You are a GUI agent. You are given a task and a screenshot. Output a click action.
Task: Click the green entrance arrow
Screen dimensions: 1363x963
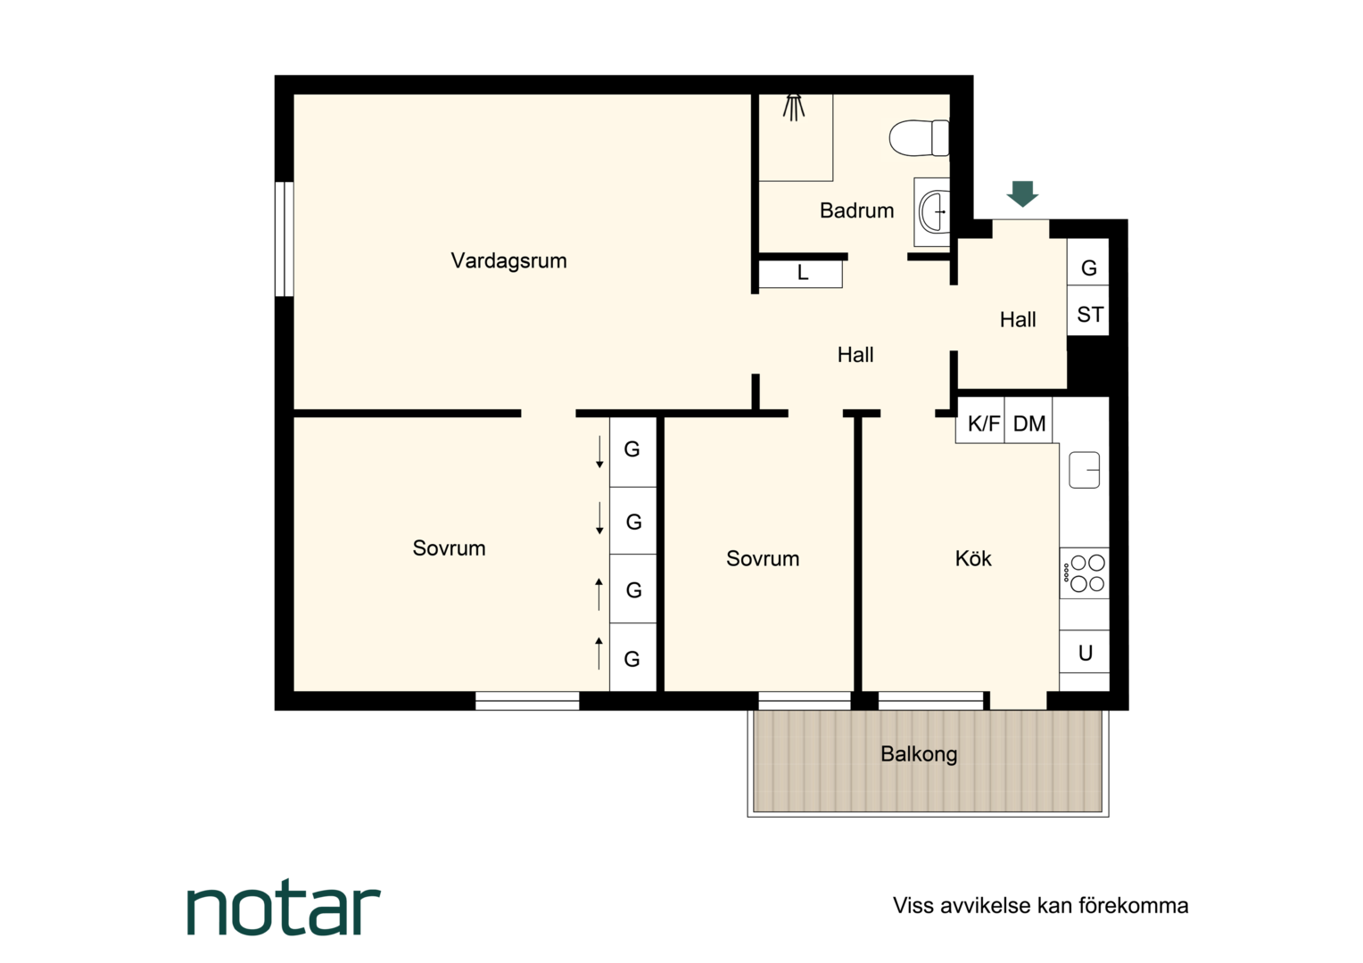(x=1022, y=194)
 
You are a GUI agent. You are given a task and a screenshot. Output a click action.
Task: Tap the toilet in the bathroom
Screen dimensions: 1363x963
(x=920, y=138)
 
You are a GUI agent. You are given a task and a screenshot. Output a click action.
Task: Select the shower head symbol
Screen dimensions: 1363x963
(x=794, y=108)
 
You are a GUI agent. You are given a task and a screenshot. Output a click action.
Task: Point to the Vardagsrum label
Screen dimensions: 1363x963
(x=508, y=261)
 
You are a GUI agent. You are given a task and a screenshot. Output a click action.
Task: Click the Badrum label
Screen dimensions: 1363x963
(x=856, y=210)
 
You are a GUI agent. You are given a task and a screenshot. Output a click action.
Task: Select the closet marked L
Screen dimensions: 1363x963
(x=801, y=274)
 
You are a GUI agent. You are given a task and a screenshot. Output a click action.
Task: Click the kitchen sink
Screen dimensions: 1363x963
(x=1085, y=470)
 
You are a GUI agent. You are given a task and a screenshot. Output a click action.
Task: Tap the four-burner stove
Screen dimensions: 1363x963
(x=1085, y=573)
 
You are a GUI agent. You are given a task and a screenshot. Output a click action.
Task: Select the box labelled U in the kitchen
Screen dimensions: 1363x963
(x=1085, y=652)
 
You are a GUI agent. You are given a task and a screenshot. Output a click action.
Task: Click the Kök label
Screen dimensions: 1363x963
(x=973, y=558)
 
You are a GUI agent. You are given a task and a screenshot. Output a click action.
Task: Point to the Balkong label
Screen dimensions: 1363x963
(x=919, y=754)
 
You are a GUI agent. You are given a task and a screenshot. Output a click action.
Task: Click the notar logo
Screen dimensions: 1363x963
(x=284, y=910)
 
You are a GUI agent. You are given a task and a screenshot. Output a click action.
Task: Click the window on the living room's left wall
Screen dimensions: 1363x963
(x=285, y=239)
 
